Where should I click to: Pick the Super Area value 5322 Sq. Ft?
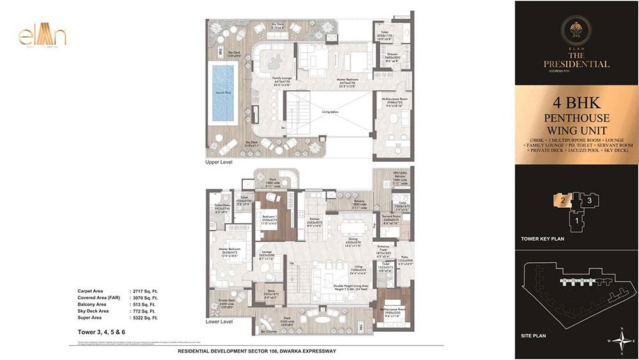pos(144,317)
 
